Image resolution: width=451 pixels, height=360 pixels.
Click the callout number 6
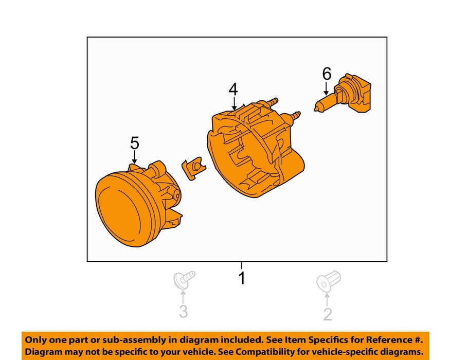tap(327, 74)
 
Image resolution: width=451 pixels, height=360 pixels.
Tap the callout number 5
tap(135, 143)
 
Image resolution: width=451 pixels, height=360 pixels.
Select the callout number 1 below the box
tap(242, 278)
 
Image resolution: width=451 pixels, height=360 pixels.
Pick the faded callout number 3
tap(184, 312)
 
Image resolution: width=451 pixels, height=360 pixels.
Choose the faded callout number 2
tap(328, 314)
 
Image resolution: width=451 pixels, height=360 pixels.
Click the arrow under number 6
tap(326, 88)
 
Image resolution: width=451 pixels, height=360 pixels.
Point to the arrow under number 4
tap(234, 104)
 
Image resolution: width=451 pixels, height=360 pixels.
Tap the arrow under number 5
tap(134, 157)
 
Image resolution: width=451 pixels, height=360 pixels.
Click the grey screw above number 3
tap(184, 279)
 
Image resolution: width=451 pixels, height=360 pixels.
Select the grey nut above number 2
tap(329, 280)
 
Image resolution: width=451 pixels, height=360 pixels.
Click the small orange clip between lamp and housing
tap(193, 168)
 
